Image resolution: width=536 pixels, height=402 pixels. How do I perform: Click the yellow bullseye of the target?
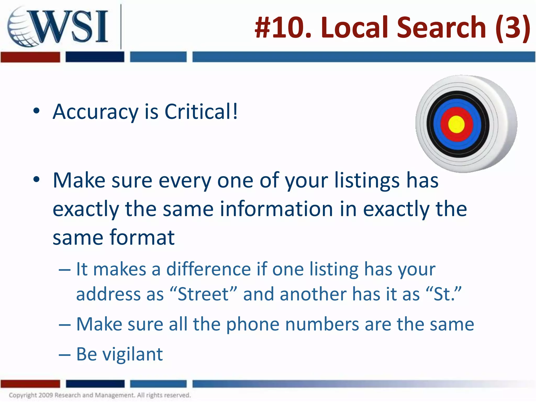coord(456,124)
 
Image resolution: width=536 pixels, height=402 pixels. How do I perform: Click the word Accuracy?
coord(96,112)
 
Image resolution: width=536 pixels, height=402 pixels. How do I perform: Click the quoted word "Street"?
coord(203,294)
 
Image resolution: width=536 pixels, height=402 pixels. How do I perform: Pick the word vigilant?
coord(132,354)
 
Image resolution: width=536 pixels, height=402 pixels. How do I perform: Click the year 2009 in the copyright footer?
coord(46,395)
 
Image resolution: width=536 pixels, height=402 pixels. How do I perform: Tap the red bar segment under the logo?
coord(30,57)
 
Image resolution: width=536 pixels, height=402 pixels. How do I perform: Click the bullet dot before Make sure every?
coord(36,180)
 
